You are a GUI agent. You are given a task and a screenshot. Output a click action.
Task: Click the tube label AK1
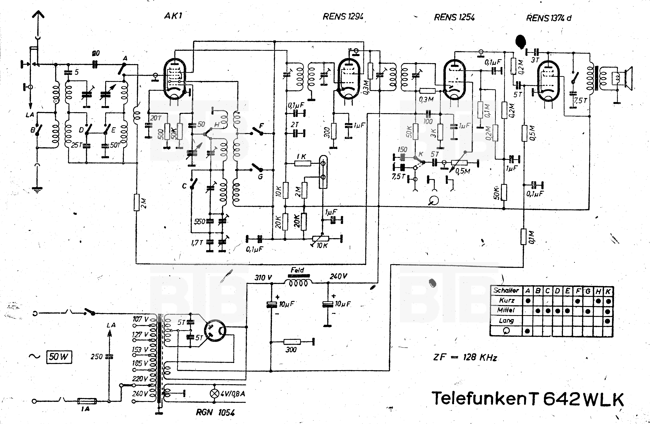[x=173, y=16]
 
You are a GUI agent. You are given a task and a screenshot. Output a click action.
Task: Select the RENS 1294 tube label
[x=343, y=17]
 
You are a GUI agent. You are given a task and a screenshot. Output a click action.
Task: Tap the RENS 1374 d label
[x=549, y=18]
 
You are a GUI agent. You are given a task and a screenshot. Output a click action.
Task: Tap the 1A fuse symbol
[x=87, y=401]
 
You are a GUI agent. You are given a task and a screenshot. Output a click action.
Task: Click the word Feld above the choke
[x=297, y=270]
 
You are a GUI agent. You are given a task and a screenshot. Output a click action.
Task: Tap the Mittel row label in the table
[x=506, y=310]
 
